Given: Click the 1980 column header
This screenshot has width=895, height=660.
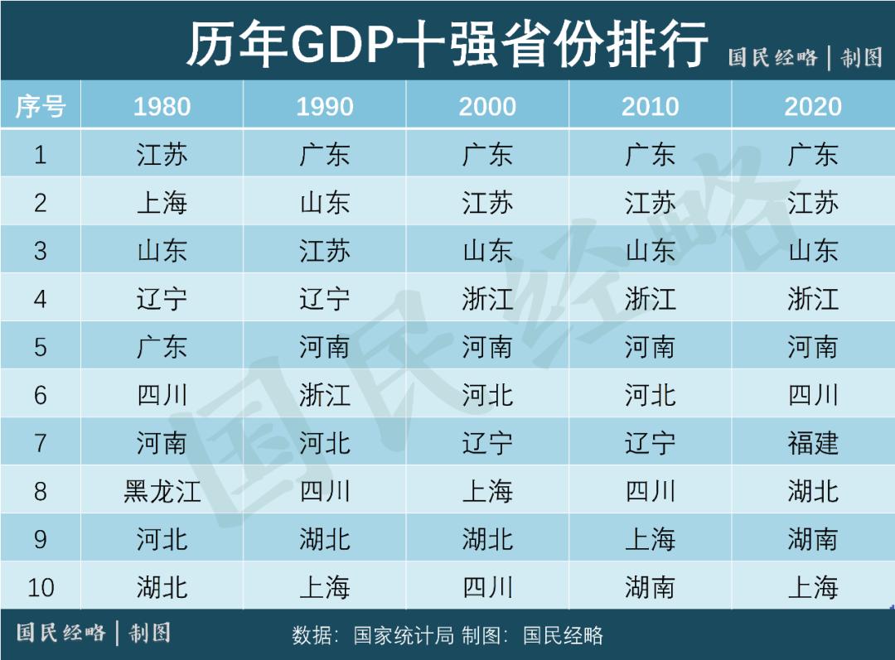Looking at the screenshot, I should [162, 106].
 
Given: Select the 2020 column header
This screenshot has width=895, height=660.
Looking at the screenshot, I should [813, 106].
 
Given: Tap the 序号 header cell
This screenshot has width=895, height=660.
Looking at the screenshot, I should [40, 106].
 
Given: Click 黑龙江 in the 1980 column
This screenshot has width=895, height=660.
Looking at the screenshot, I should [162, 491].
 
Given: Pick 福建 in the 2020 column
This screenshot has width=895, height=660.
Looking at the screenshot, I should [813, 443].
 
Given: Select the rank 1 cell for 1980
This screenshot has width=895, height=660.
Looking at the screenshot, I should [162, 155].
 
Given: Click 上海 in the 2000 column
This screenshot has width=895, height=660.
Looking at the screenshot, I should [487, 491].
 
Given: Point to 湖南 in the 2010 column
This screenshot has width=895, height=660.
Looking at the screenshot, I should [651, 588].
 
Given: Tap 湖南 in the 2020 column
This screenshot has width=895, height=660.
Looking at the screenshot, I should [813, 540].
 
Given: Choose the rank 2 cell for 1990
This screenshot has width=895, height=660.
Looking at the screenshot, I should [325, 203].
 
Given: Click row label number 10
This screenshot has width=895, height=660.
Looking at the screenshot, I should [40, 588].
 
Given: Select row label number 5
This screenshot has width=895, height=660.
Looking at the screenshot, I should [40, 347].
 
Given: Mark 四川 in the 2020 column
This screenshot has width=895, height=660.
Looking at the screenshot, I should [813, 395].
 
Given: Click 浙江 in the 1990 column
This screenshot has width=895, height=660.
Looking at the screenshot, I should [325, 395].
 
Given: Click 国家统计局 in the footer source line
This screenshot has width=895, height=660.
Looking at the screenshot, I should [404, 636].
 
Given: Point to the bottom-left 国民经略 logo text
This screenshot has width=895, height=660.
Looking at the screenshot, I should [61, 634].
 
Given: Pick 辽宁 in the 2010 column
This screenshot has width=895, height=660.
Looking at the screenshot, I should [651, 443].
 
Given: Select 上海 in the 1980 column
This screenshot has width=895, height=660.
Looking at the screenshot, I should [162, 203].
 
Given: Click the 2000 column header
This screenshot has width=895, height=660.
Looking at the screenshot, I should [487, 106].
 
